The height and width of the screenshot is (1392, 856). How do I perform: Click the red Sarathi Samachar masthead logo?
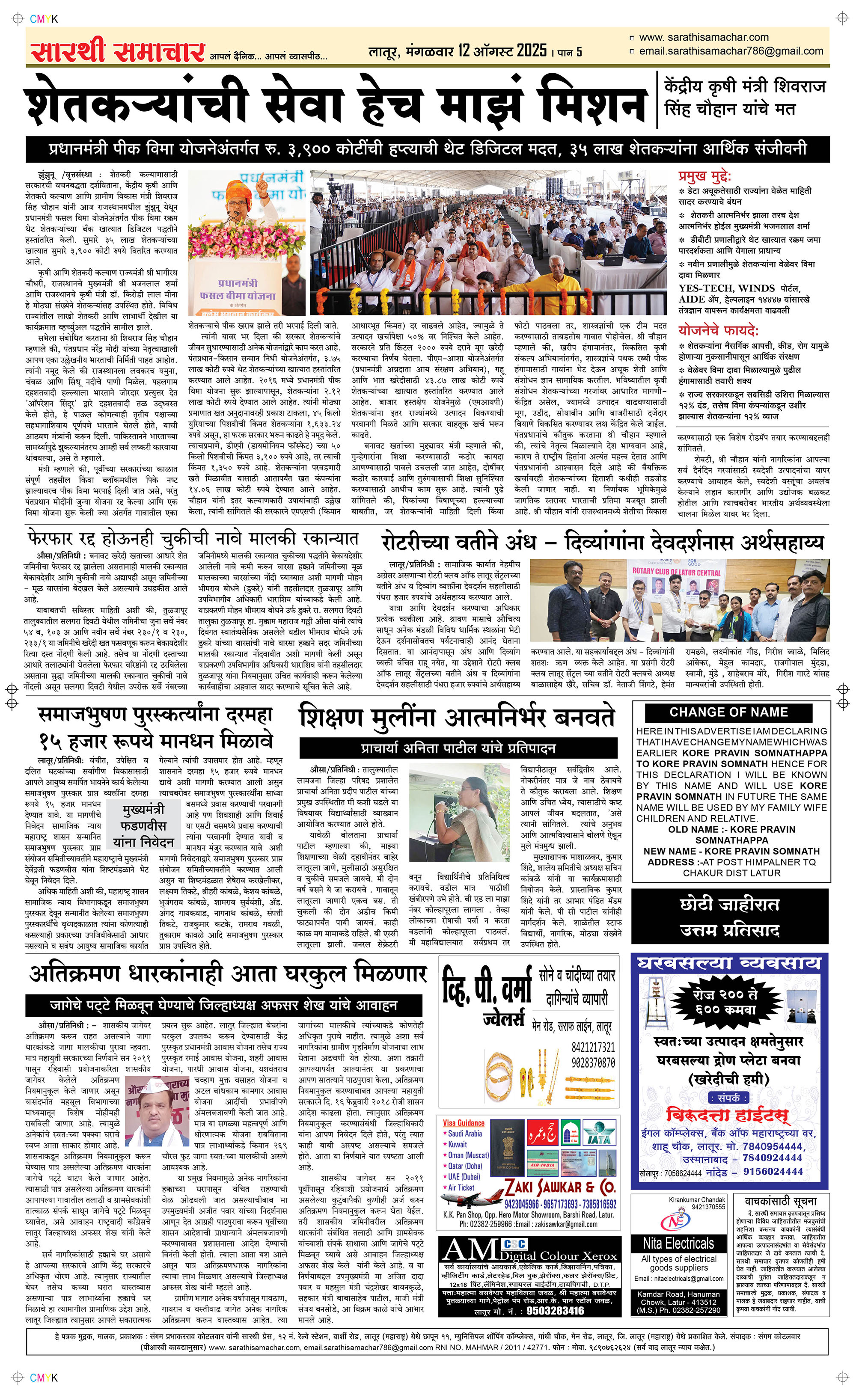[x=117, y=52]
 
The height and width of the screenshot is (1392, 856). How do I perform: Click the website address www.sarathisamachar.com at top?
[x=703, y=37]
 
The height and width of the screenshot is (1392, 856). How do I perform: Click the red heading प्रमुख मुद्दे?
[x=705, y=176]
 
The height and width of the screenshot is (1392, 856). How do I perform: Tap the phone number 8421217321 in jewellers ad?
[x=593, y=1048]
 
